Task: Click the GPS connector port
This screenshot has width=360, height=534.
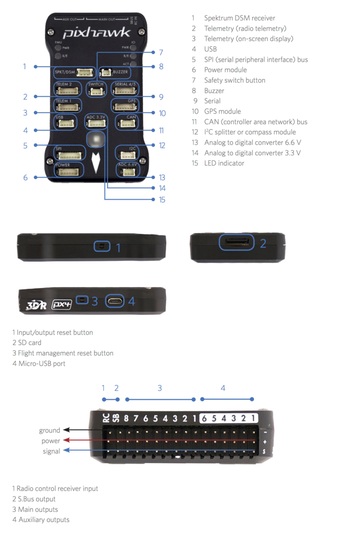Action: coord(125,106)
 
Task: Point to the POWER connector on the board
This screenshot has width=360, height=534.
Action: coord(69,171)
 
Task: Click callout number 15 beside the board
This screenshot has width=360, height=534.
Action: coord(161,200)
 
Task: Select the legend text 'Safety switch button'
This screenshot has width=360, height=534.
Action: coord(235,80)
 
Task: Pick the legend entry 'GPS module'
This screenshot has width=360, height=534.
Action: coord(222,111)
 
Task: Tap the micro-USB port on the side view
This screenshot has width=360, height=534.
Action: coord(115,300)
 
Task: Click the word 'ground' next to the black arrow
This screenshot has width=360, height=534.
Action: coord(49,430)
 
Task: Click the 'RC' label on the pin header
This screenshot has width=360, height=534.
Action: coord(105,419)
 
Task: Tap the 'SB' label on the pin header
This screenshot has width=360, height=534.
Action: coord(116,419)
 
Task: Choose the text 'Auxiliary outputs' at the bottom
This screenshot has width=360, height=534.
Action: coord(44,520)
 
